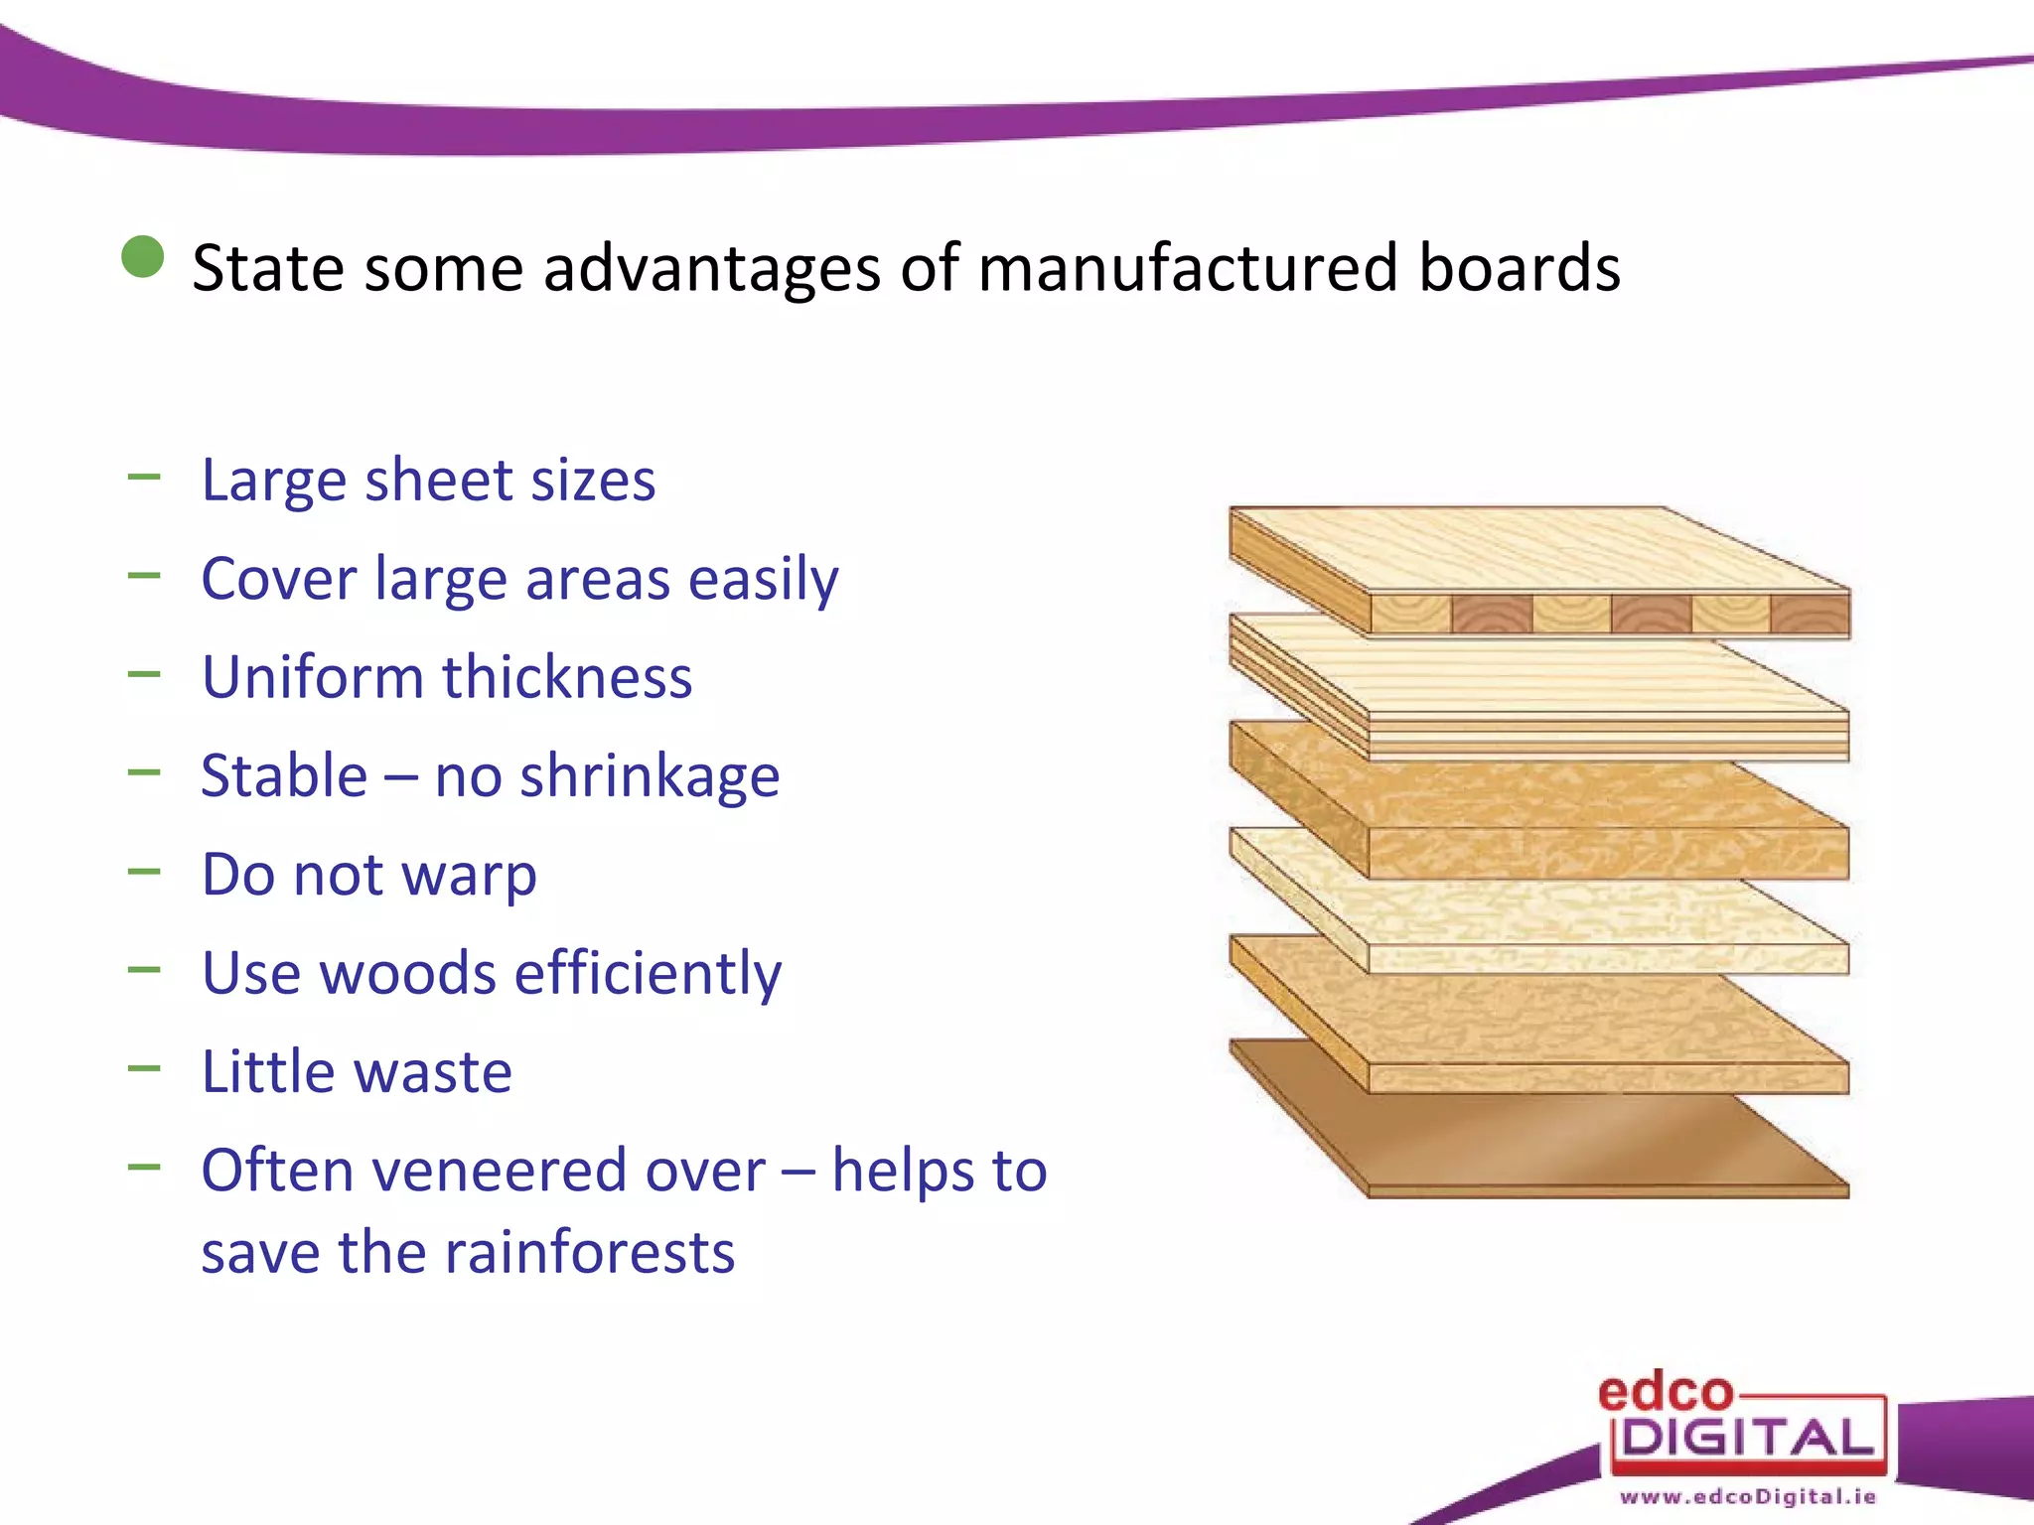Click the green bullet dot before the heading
[143, 257]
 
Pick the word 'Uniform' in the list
[313, 677]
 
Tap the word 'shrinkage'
[650, 777]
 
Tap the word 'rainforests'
[588, 1252]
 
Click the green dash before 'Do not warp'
[144, 872]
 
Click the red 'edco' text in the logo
[1665, 1393]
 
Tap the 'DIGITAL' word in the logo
[1747, 1438]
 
